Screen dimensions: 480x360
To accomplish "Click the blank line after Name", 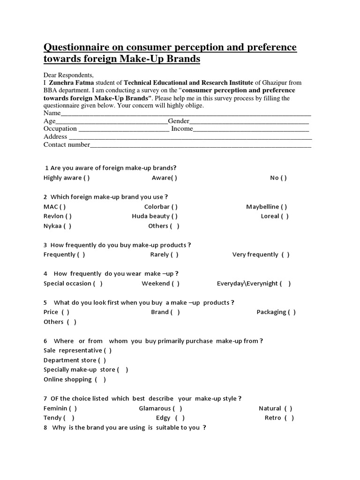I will [x=186, y=113].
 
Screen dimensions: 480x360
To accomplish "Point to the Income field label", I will [x=182, y=128].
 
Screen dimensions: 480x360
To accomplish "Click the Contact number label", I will [x=66, y=144].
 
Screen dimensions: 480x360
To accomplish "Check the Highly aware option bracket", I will [x=87, y=178].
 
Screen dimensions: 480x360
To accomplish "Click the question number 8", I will [x=45, y=427].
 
